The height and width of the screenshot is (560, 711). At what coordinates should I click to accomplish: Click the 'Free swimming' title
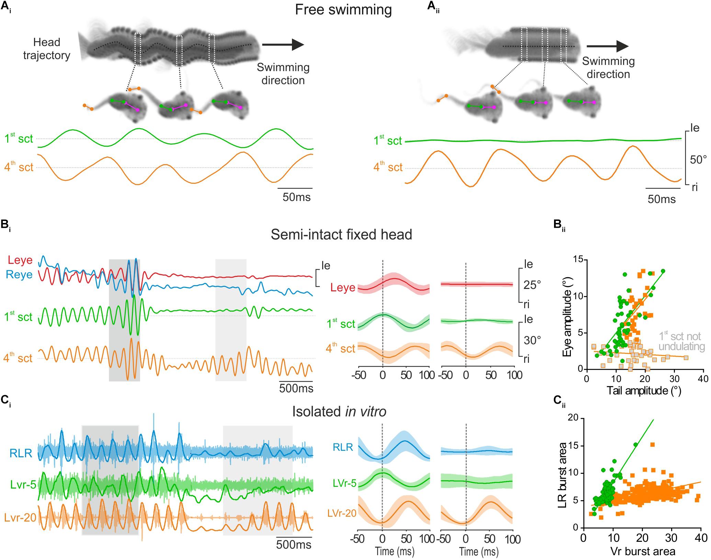(343, 10)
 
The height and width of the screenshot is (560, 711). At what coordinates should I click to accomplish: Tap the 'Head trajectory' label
(47, 49)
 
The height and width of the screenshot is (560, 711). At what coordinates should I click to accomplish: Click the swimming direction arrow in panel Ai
(283, 45)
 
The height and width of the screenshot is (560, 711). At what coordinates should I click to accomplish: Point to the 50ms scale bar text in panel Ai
(296, 197)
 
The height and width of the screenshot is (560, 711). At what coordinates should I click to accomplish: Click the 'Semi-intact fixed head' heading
(341, 235)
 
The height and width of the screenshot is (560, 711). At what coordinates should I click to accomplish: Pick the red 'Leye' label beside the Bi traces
(20, 260)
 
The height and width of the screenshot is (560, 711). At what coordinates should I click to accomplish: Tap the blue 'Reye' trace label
(21, 275)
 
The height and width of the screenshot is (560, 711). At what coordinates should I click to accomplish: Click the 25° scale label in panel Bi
(532, 284)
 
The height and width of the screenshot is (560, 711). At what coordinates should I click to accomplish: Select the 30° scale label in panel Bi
(532, 340)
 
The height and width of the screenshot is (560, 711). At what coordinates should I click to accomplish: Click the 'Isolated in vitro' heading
(339, 412)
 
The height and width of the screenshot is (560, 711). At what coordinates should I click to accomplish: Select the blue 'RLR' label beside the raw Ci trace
(21, 453)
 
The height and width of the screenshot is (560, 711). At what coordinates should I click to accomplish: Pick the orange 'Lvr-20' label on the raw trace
(21, 518)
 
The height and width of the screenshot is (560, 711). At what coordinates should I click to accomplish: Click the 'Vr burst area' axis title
(643, 551)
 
